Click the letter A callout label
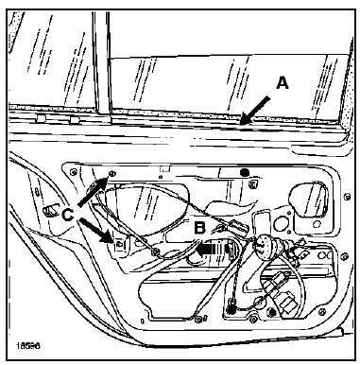point(283,83)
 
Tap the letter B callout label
point(200,228)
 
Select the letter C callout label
point(68,216)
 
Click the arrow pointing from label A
point(254,110)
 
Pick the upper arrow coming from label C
point(93,192)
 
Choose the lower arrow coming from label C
point(95,231)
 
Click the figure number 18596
point(27,346)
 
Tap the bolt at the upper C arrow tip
point(111,173)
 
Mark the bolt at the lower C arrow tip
point(119,244)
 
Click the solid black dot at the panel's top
point(245,172)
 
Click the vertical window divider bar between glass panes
point(101,63)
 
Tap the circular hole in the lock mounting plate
point(279,224)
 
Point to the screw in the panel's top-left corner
point(74,171)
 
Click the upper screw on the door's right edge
point(347,197)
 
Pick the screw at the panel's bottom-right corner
point(321,312)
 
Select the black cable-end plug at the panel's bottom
point(232,310)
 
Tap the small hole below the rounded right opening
point(315,224)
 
